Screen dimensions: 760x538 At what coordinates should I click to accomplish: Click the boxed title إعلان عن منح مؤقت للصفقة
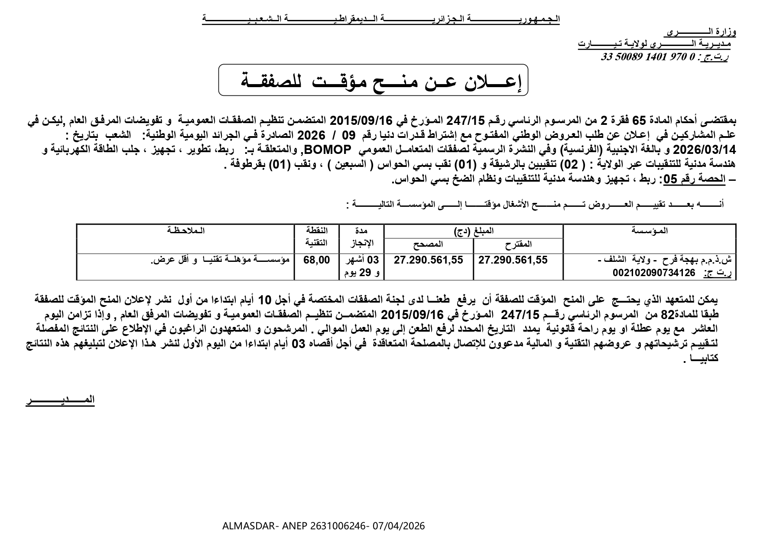pos(373,80)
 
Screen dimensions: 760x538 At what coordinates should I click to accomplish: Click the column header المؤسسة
pos(650,231)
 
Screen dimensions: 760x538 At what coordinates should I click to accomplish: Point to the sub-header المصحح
pos(428,245)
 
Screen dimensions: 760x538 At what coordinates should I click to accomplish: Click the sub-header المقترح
pos(518,245)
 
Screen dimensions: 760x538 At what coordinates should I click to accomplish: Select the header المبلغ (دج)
pos(473,231)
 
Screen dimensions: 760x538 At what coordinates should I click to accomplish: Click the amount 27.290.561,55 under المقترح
pos(513,260)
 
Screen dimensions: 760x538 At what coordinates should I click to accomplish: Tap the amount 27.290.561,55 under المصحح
pos(429,260)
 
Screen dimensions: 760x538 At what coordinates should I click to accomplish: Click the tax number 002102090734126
pos(654,273)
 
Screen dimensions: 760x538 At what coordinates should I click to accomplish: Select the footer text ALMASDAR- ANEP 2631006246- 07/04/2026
pos(323,526)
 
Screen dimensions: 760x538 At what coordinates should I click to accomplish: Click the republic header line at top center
pos(380,20)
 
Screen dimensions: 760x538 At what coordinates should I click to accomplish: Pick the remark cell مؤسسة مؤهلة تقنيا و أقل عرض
pos(220,260)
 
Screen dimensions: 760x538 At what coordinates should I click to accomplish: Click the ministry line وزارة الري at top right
pos(701,33)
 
